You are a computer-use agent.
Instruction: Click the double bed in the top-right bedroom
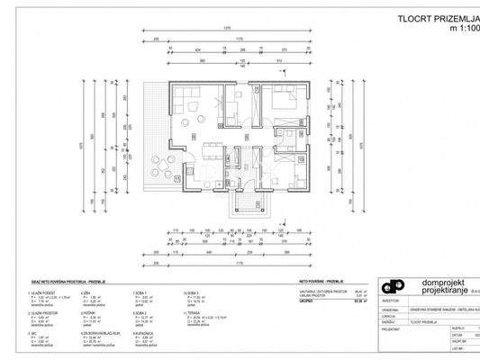pyautogui.click(x=285, y=100)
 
